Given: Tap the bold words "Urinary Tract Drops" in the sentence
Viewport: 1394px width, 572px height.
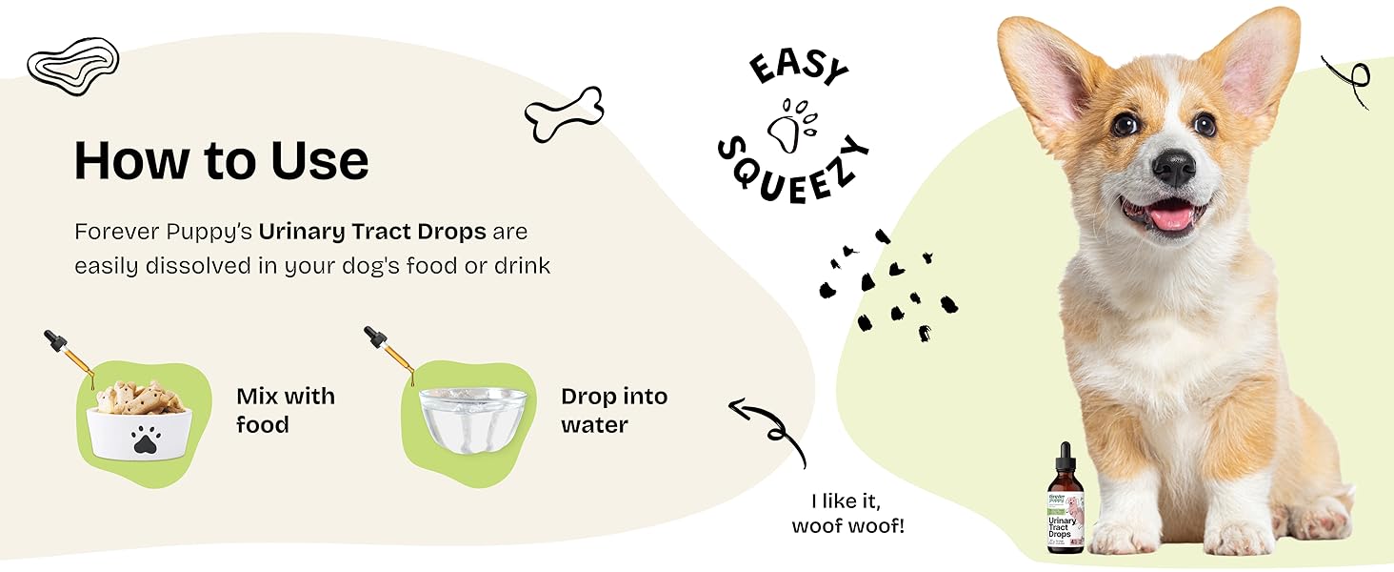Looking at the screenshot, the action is [x=372, y=232].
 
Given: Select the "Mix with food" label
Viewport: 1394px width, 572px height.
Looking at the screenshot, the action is [x=286, y=410].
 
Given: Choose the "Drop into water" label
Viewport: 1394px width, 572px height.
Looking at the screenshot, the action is [x=614, y=410].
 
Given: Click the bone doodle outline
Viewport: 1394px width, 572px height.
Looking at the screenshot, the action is [x=564, y=114].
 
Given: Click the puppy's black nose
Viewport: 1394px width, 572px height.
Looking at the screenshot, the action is [x=1176, y=166].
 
